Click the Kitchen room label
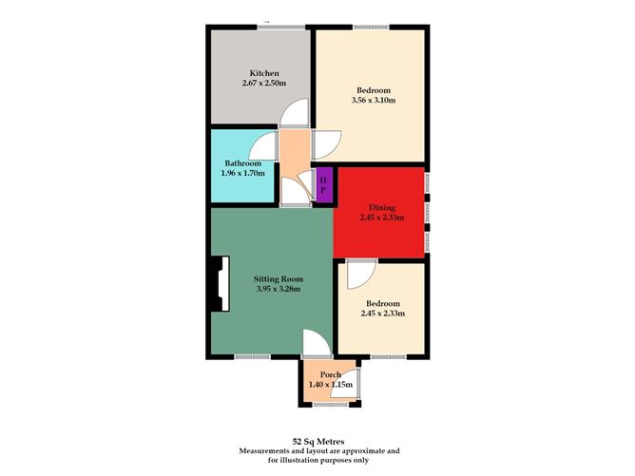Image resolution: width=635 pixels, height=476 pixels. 263,73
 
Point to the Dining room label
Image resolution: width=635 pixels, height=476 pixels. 382,206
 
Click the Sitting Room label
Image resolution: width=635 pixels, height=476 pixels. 272,278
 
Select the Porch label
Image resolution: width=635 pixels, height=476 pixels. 330,373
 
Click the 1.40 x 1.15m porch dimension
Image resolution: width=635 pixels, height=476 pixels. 331,385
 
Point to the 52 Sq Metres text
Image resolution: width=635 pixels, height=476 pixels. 317,440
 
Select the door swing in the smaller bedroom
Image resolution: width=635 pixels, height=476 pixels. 358,276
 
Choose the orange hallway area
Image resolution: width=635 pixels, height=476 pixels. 293,152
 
